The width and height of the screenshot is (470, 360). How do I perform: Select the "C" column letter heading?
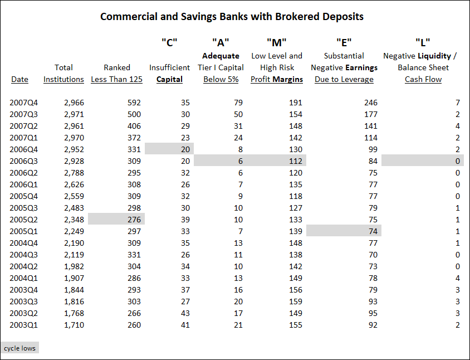(x=169, y=42)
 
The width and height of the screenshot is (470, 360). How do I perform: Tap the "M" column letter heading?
(x=277, y=42)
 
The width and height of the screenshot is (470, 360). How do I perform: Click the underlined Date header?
(x=20, y=79)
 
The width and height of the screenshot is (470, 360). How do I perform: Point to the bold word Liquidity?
(x=434, y=56)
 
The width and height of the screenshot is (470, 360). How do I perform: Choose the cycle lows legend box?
(x=20, y=348)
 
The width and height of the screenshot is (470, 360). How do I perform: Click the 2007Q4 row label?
(x=24, y=103)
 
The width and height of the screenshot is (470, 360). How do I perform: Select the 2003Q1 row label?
(x=24, y=325)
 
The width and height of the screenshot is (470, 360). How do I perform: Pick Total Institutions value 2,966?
(x=74, y=103)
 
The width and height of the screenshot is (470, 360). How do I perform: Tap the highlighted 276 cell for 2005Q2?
(x=134, y=220)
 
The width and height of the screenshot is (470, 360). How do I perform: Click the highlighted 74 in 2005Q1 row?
(x=373, y=231)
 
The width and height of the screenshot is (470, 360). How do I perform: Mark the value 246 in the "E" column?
(x=371, y=103)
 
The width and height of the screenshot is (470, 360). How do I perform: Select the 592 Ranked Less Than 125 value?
(x=134, y=103)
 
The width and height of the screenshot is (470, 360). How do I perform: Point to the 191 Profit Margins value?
(x=296, y=103)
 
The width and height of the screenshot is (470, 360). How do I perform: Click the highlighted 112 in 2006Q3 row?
(x=296, y=161)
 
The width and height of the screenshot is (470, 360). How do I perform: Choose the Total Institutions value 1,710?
(x=74, y=325)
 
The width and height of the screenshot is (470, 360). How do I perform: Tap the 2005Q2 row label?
(x=24, y=220)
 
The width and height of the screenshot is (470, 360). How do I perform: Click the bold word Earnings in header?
(x=361, y=68)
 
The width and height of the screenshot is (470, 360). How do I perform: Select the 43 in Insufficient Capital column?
(x=185, y=313)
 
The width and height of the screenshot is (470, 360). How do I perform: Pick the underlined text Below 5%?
(x=221, y=79)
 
